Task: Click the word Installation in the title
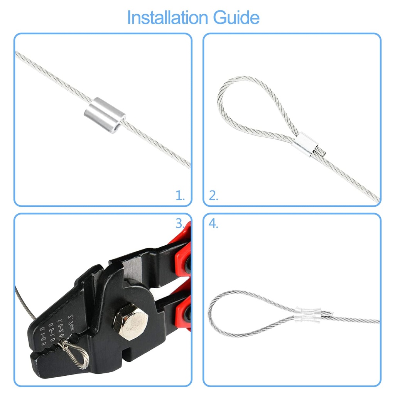167,18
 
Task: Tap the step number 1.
180,196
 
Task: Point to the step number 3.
180,223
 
